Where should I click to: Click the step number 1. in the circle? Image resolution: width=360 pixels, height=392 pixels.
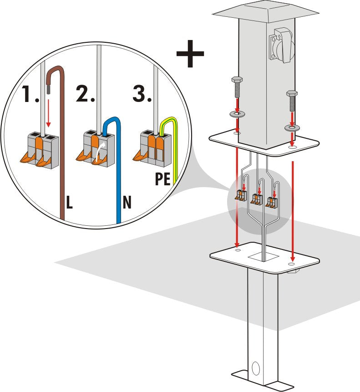30,94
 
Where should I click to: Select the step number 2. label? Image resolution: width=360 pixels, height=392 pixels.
85,93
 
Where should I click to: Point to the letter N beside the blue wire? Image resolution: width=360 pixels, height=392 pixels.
127,202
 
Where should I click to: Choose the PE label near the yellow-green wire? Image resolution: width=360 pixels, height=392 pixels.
162,178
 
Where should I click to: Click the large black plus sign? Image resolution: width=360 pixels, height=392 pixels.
190,54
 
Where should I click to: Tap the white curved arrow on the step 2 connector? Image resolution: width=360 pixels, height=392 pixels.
101,150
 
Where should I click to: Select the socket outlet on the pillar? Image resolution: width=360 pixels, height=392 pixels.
282,46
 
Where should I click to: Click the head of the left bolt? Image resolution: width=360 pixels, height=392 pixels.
237,80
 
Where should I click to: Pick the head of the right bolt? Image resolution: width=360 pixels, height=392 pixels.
292,94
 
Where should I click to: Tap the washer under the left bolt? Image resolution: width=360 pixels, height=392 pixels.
237,114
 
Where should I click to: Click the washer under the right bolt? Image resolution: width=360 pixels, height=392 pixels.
292,128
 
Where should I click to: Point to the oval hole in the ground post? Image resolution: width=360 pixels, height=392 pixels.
256,368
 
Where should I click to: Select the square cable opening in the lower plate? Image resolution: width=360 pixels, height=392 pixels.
264,257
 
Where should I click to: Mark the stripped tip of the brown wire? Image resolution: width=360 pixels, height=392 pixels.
48,89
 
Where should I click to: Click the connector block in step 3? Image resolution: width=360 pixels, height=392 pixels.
155,148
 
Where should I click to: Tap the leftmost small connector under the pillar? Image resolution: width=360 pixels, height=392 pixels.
241,195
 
